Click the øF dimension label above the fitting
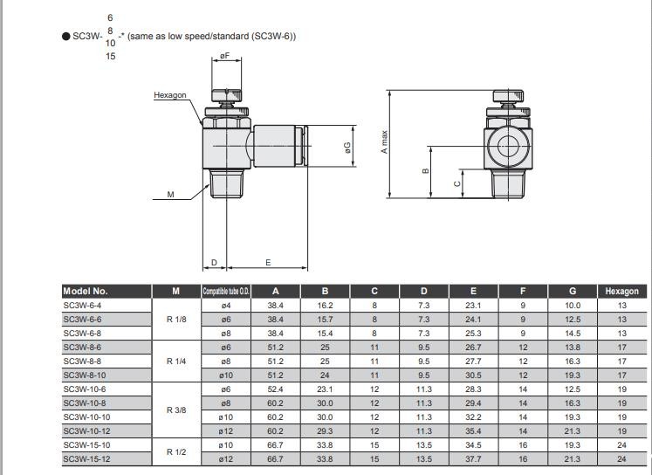pyautogui.click(x=224, y=56)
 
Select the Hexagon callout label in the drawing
pyautogui.click(x=169, y=95)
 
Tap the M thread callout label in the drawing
pyautogui.click(x=170, y=195)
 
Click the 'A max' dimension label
pyautogui.click(x=383, y=141)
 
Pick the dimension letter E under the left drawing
pyautogui.click(x=267, y=262)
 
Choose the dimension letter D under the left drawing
pyautogui.click(x=214, y=262)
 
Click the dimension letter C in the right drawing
pyautogui.click(x=456, y=183)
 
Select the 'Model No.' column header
pyautogui.click(x=86, y=292)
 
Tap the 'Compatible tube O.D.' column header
pyautogui.click(x=226, y=292)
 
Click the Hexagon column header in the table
pyautogui.click(x=622, y=292)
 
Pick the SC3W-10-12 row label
pyautogui.click(x=86, y=431)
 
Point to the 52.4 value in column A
pyautogui.click(x=276, y=389)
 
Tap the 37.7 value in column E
pyautogui.click(x=473, y=459)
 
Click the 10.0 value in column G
pyautogui.click(x=573, y=306)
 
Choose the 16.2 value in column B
pyautogui.click(x=325, y=306)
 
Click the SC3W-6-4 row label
pyautogui.click(x=82, y=306)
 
